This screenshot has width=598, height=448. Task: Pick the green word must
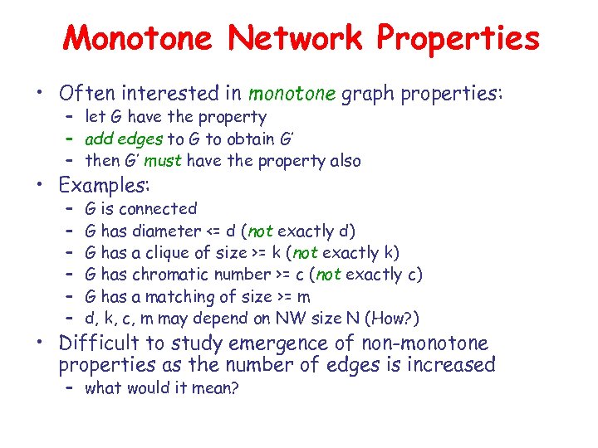click(x=166, y=161)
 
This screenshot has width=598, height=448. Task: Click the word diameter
click(x=166, y=231)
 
